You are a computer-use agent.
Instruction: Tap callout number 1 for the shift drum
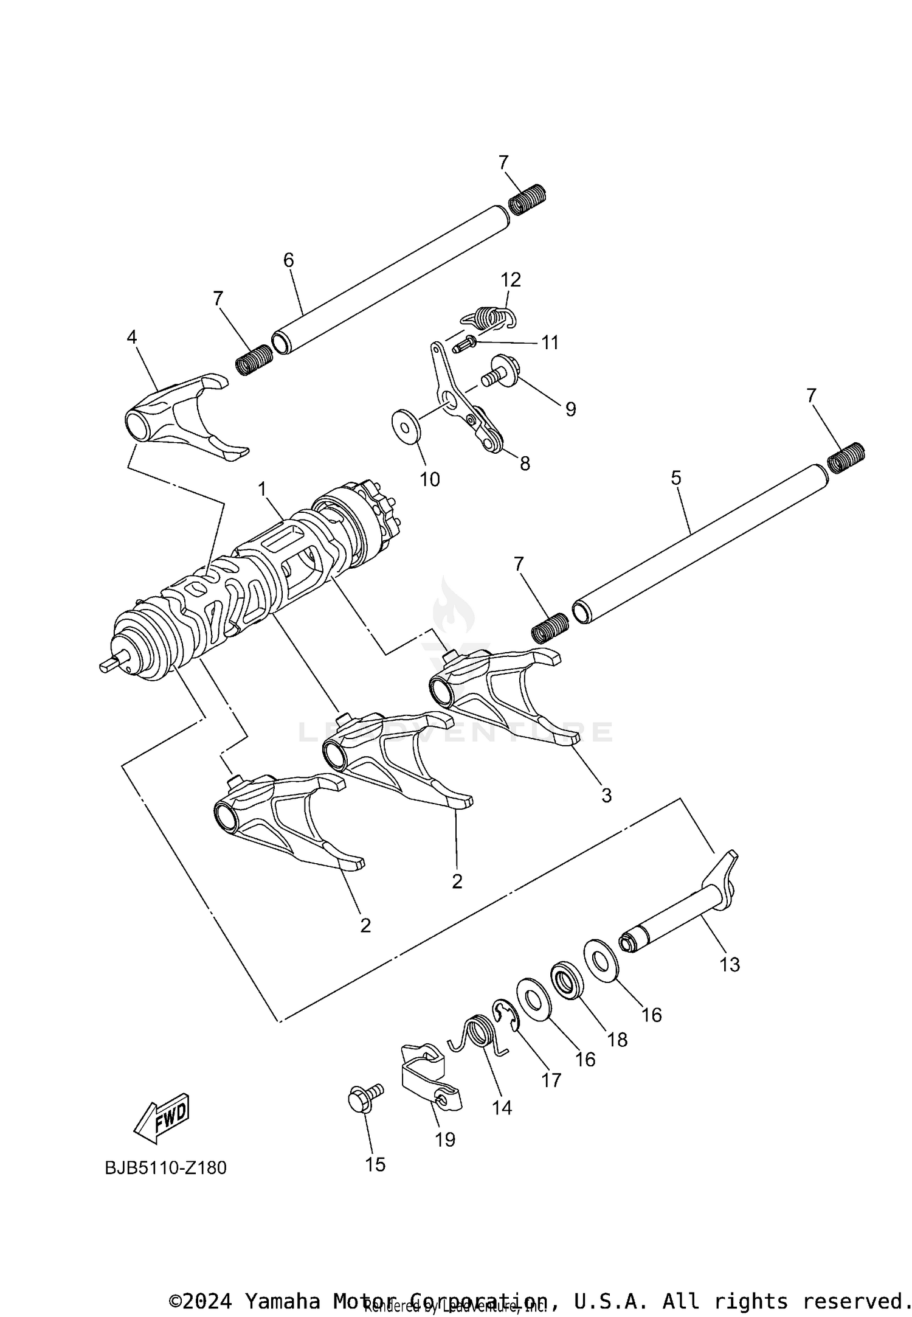coord(263,488)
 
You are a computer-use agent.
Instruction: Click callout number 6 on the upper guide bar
coord(288,260)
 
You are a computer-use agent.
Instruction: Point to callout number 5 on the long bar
coord(676,478)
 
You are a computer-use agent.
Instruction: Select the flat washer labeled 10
coord(405,422)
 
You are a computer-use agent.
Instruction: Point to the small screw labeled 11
coord(465,346)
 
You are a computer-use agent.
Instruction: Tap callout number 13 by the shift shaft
coord(729,964)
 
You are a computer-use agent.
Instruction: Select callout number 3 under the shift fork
coord(606,794)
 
